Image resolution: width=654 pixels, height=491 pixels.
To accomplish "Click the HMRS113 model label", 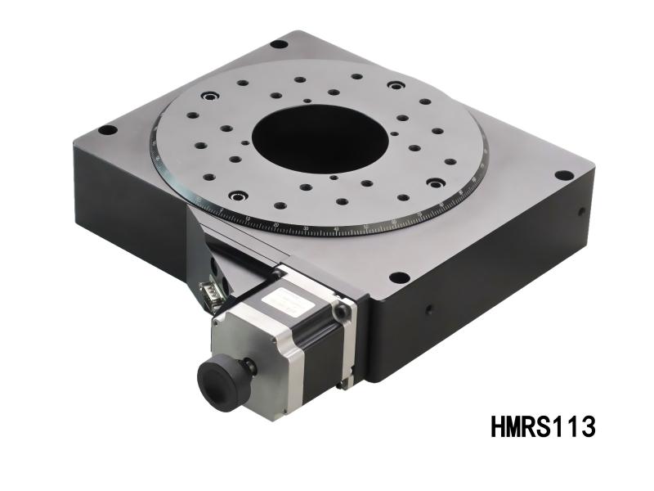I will (x=541, y=426).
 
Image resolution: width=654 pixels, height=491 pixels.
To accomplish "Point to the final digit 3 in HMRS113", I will (x=585, y=426).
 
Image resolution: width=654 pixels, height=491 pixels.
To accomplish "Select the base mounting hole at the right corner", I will (x=563, y=175).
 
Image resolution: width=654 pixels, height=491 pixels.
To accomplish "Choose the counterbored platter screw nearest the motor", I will (x=238, y=196).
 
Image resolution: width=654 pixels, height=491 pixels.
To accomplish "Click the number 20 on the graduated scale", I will (x=276, y=225).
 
